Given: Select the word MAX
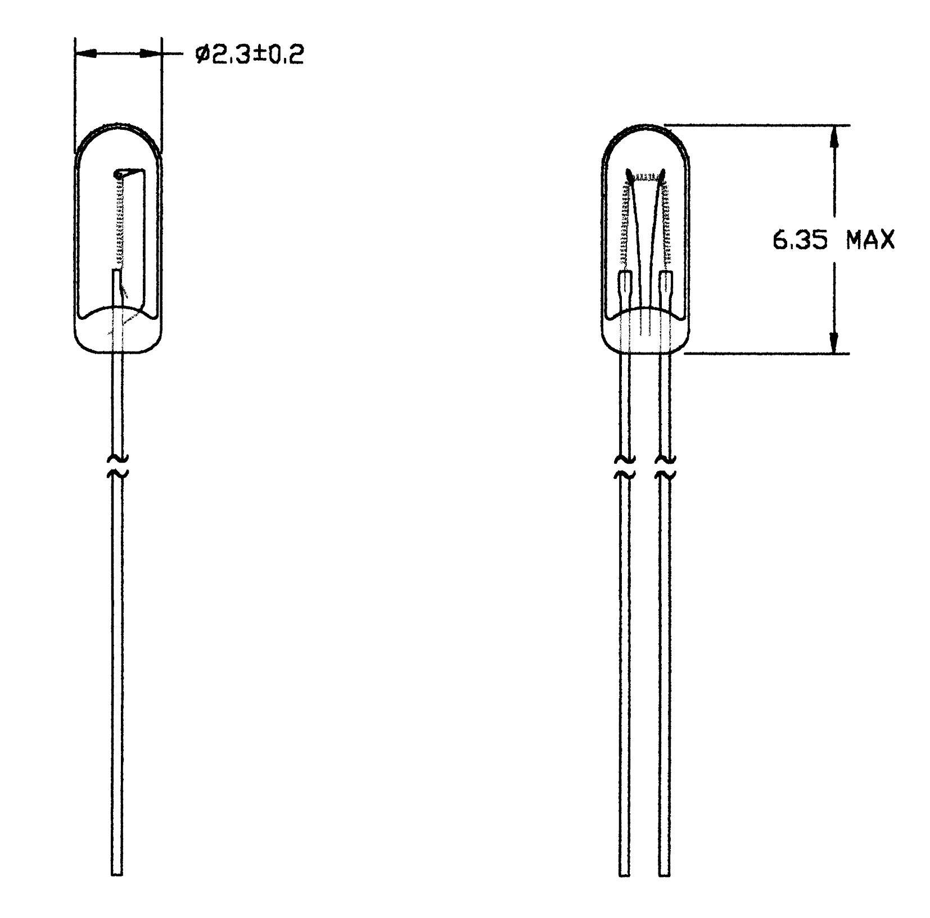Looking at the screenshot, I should [x=870, y=241].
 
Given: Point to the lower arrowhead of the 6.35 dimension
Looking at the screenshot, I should [x=834, y=342].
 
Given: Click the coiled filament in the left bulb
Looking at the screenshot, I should [x=119, y=219].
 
